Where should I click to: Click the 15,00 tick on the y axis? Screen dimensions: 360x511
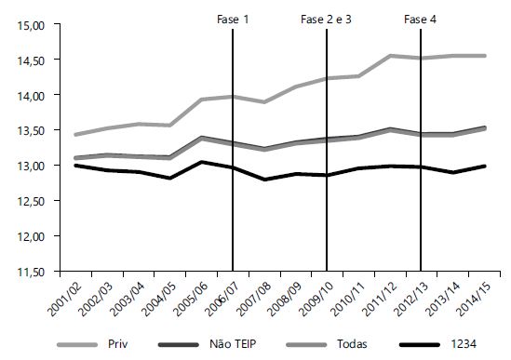(32, 25)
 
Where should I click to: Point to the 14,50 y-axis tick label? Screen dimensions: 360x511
(32, 60)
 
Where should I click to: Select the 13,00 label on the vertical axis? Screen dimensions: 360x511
(32, 166)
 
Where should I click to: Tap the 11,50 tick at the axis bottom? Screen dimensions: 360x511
(32, 272)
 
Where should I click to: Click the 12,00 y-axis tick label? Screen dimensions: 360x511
(32, 236)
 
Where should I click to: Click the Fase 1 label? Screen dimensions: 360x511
(233, 20)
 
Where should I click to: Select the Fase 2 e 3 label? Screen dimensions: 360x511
(326, 20)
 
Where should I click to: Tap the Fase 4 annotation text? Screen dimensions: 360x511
(421, 20)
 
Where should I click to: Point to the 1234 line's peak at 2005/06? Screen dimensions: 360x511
(202, 162)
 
